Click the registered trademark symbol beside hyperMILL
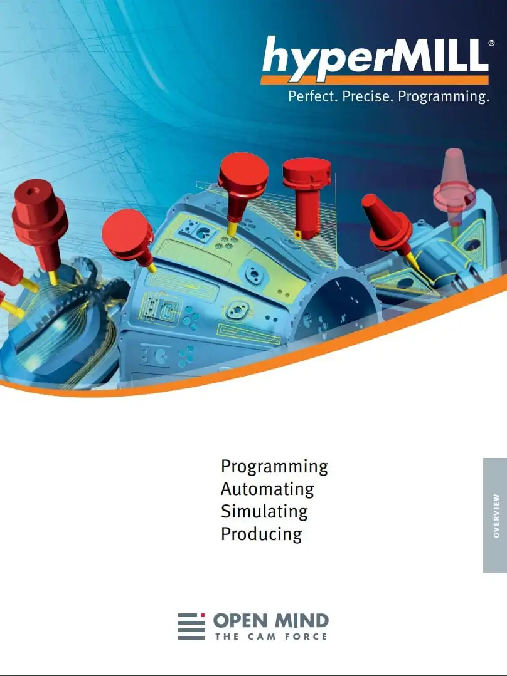491,43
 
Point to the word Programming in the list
274,467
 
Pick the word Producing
261,534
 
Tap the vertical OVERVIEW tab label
496,516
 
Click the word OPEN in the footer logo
240,621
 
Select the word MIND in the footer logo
302,621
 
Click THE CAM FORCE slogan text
271,637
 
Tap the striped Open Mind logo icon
191,626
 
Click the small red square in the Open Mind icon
203,615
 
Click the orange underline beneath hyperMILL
375,80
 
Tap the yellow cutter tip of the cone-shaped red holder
412,261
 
